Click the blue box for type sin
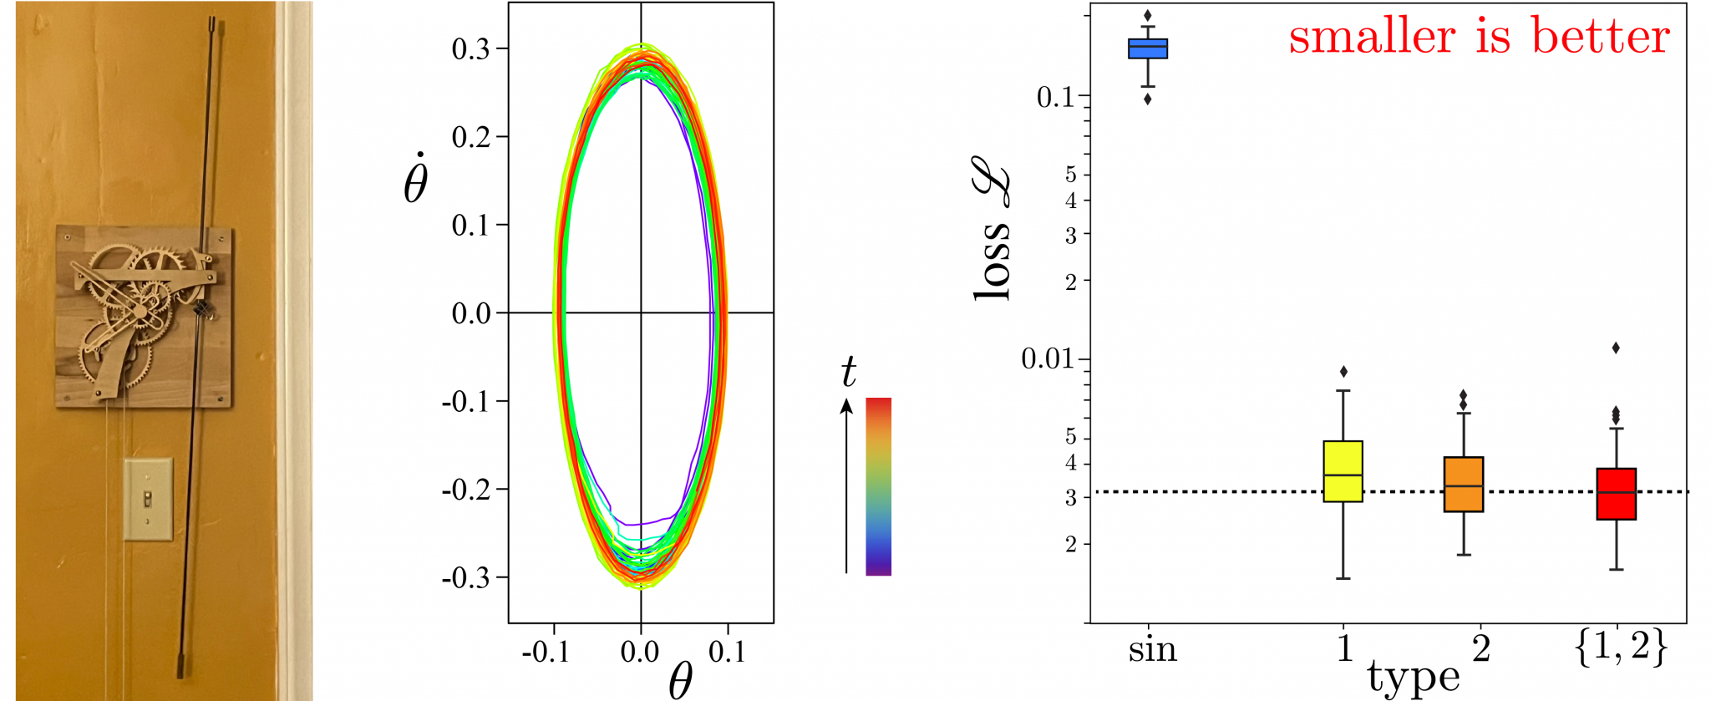(x=1148, y=48)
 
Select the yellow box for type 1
(x=1343, y=471)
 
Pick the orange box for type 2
(x=1464, y=485)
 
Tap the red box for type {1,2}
(x=1616, y=494)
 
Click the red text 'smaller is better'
(x=1479, y=37)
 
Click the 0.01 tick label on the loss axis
(x=1047, y=359)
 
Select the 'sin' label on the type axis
(x=1152, y=649)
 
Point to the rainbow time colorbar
(x=878, y=486)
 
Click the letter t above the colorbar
(x=848, y=372)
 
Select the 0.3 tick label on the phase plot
(x=470, y=49)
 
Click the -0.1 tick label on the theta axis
(x=546, y=652)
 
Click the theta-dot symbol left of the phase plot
(x=415, y=179)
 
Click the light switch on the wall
(x=148, y=499)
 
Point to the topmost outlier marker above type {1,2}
(x=1616, y=348)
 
